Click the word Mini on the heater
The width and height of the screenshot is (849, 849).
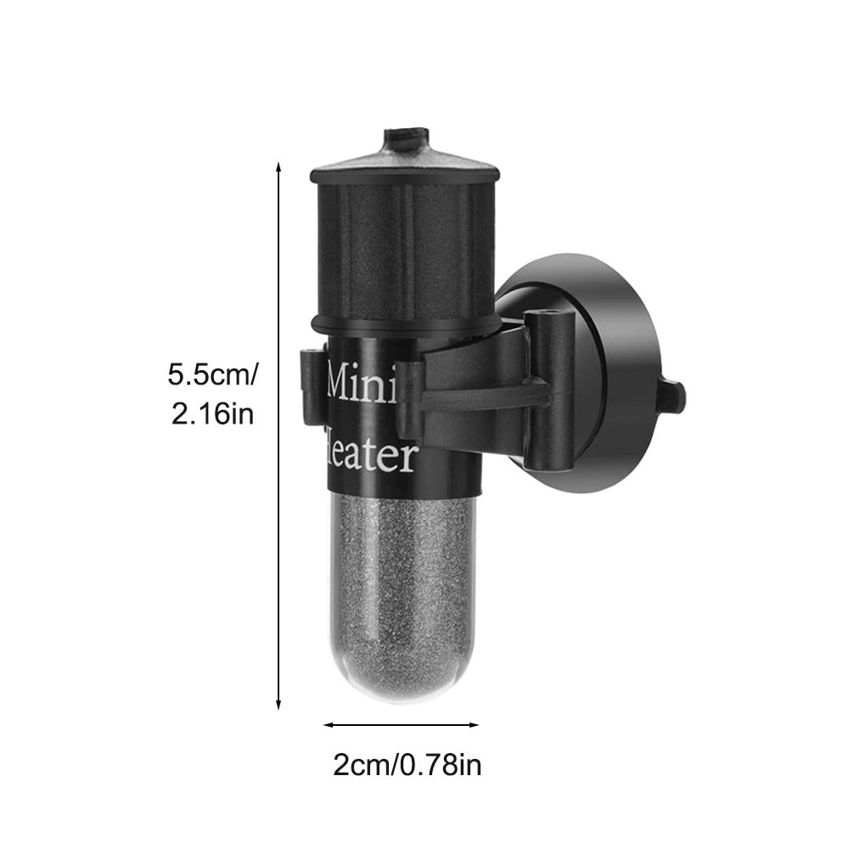[363, 384]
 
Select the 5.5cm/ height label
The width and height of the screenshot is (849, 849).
[212, 374]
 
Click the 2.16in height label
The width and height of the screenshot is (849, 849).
[212, 414]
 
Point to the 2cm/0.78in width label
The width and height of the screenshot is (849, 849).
[407, 766]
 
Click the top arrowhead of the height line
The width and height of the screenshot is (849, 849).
[278, 166]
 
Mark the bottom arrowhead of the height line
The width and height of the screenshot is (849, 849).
[278, 705]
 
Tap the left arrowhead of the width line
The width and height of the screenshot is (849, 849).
[328, 724]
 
